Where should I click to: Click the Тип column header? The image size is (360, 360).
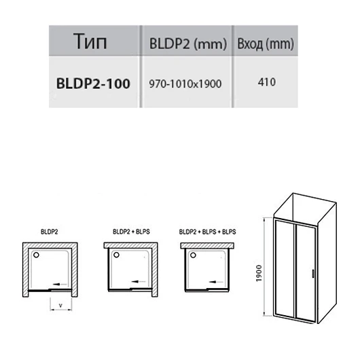[x=90, y=41]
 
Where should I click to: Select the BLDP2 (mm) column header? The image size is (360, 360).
[x=188, y=43]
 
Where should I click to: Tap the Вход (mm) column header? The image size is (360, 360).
[x=266, y=43]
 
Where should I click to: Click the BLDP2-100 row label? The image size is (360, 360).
[x=93, y=84]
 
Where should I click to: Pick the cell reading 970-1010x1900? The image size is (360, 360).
[x=185, y=84]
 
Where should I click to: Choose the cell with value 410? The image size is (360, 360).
[x=266, y=82]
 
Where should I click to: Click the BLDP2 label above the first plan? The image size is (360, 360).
[x=49, y=232]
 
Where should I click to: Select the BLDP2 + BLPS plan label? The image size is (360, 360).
[x=131, y=232]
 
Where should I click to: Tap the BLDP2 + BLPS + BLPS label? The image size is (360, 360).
[x=207, y=232]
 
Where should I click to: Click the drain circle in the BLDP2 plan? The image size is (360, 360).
[x=36, y=255]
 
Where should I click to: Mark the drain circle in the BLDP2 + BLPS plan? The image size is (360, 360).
[x=116, y=255]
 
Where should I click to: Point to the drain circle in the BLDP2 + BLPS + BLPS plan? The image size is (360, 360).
[x=193, y=255]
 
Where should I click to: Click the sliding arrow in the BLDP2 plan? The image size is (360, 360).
[x=60, y=284]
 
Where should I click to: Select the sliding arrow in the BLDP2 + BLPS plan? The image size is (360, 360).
[x=139, y=281]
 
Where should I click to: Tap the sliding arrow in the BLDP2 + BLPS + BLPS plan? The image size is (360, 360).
[x=216, y=282]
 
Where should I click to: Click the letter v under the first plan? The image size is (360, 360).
[x=60, y=306]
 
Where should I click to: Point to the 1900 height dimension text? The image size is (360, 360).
[x=259, y=273]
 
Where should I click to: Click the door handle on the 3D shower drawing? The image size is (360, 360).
[x=312, y=274]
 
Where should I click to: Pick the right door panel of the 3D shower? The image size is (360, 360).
[x=306, y=273]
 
